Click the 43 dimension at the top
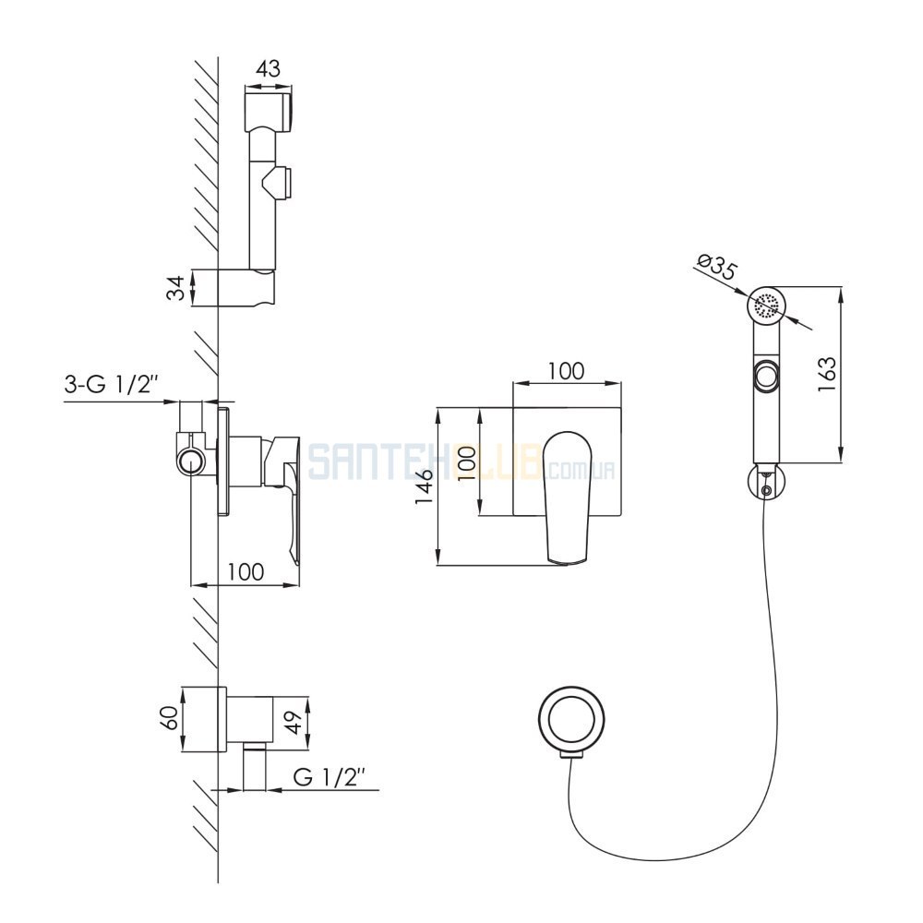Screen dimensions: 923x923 point(269,69)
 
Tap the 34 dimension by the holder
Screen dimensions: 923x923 point(175,288)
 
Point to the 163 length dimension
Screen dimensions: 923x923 point(826,375)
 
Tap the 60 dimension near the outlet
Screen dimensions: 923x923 point(170,718)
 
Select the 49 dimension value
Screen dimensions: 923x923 point(294,723)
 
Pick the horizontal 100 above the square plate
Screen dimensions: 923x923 point(567,371)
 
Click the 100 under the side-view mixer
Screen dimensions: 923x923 point(246,571)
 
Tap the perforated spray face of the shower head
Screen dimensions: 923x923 point(767,306)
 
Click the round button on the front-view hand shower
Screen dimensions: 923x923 point(766,375)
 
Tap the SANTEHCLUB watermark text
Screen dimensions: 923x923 point(461,461)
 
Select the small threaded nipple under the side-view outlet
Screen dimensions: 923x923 point(255,771)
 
